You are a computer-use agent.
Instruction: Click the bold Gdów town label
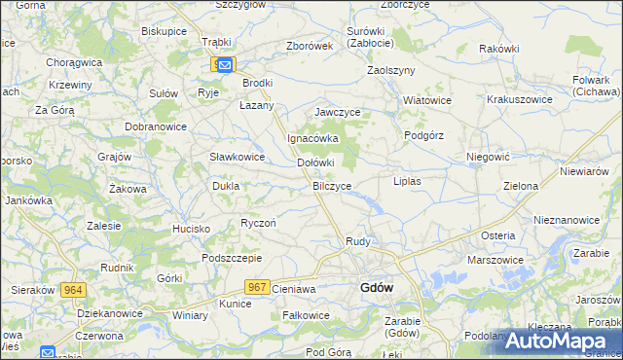(x=377, y=288)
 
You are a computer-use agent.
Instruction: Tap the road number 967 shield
(x=257, y=286)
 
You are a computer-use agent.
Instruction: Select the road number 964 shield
(x=72, y=290)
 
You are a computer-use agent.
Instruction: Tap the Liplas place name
(x=406, y=181)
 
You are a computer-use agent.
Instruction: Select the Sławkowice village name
(x=238, y=157)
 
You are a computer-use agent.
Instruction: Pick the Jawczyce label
(x=338, y=113)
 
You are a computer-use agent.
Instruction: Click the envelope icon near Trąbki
(x=225, y=64)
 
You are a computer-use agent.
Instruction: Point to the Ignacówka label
(x=311, y=138)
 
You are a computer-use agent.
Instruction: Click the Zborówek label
(x=311, y=46)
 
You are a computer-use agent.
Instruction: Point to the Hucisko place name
(x=192, y=229)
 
